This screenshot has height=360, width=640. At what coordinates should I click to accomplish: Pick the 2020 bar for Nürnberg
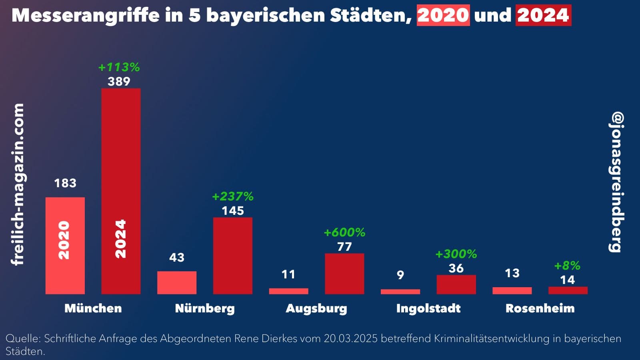(176, 282)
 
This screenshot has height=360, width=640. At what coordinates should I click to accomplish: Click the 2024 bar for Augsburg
(344, 274)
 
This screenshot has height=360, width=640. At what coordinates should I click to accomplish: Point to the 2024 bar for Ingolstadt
(456, 284)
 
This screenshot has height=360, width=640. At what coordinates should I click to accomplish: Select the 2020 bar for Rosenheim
(512, 291)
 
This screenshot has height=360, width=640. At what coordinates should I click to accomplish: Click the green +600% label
(344, 232)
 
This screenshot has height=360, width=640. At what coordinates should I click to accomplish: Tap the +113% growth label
(119, 67)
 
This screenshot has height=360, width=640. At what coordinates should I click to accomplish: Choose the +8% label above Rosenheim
(567, 266)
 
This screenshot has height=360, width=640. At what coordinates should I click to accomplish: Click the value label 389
(119, 82)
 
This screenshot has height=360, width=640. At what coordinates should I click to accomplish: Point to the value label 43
(176, 257)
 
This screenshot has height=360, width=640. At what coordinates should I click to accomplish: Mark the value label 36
(456, 268)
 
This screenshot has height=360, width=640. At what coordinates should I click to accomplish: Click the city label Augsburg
(316, 308)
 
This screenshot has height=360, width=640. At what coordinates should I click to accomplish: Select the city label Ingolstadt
(428, 308)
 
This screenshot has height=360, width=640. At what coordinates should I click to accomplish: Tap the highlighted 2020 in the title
(443, 15)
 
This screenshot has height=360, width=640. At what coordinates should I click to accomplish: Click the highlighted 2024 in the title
(543, 15)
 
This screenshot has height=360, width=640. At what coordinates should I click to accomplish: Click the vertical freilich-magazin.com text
(18, 184)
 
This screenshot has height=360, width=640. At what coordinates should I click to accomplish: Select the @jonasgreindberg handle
(616, 182)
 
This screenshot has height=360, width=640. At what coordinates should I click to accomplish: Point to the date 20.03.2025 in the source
(350, 338)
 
